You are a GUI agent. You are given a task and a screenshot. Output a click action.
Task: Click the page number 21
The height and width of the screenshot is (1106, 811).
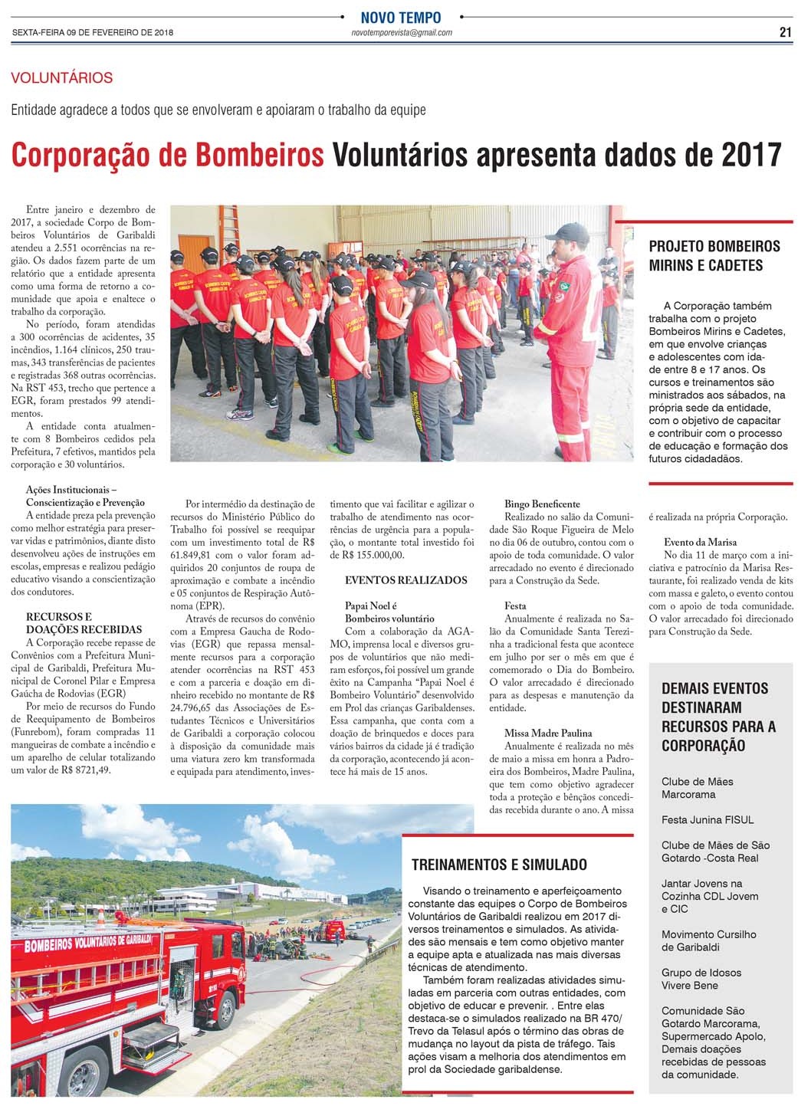coord(785,32)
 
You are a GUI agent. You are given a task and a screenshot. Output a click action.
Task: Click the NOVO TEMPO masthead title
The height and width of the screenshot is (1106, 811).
coord(401,17)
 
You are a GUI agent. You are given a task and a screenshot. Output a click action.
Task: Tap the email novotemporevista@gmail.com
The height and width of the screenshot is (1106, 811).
coord(401,33)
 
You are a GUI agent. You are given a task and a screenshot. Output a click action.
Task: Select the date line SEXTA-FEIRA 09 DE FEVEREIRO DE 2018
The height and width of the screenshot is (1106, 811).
coord(93,33)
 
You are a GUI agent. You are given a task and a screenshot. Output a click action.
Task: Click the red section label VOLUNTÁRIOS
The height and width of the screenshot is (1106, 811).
coord(62,77)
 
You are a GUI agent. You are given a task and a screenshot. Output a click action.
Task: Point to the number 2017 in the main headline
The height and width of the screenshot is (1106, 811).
coord(751,155)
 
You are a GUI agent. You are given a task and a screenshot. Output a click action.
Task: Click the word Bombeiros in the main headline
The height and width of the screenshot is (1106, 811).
coord(260,155)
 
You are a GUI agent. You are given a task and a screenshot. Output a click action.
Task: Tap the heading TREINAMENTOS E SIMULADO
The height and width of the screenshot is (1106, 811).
coord(499,865)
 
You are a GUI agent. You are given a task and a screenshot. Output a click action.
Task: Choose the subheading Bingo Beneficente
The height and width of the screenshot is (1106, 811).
coord(542,504)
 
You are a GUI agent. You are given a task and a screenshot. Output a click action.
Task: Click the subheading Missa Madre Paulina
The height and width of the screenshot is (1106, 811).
coord(548,734)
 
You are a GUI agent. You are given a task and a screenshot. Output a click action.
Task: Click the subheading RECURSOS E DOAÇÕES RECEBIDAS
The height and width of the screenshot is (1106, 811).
coord(84,623)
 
